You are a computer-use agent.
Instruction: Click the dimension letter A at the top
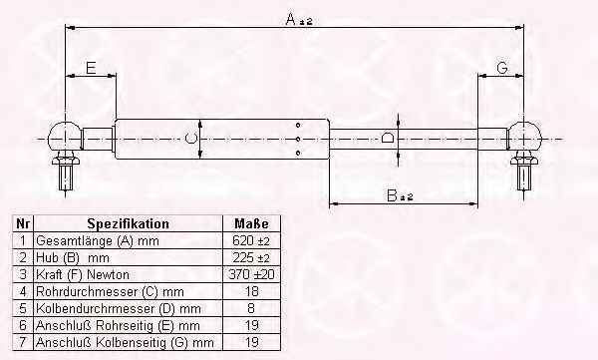[x=291, y=19]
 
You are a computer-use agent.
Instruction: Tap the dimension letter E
[x=91, y=69]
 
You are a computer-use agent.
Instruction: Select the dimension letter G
[x=502, y=68]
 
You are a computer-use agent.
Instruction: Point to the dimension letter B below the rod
[x=392, y=195]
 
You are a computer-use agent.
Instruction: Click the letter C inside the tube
[x=190, y=138]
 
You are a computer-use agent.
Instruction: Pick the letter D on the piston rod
[x=389, y=138]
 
